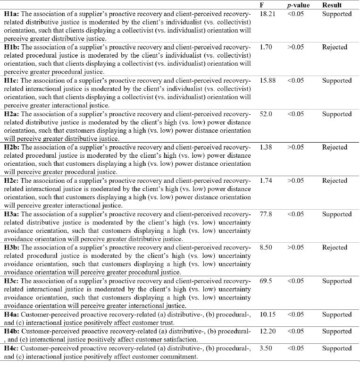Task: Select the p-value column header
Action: coord(296,5)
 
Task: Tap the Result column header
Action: coord(332,5)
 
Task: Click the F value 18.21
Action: coord(268,14)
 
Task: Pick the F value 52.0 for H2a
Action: coord(266,114)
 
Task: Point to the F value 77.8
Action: coord(266,214)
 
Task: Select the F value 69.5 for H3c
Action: coord(266,281)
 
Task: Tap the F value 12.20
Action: coord(268,331)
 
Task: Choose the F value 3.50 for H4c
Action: coord(266,348)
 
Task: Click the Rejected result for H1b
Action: coord(335,47)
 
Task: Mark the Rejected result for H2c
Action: coord(335,181)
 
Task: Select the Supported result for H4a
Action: coord(336,315)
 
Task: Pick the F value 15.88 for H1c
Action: coord(268,80)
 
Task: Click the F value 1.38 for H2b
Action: coord(266,147)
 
